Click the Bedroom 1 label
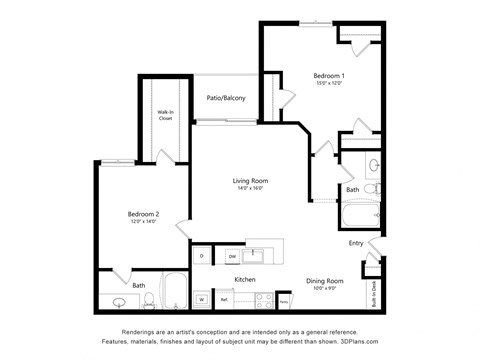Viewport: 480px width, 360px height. [328, 76]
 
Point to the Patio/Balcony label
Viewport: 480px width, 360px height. [226, 98]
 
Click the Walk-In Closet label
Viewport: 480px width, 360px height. [165, 115]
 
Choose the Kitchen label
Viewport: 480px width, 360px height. [247, 280]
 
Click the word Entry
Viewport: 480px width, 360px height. [356, 243]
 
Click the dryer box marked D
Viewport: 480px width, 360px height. [201, 257]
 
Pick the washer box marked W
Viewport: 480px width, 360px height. [201, 299]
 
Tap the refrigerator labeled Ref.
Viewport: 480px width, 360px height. [225, 299]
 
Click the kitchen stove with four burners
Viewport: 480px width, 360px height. [263, 298]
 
